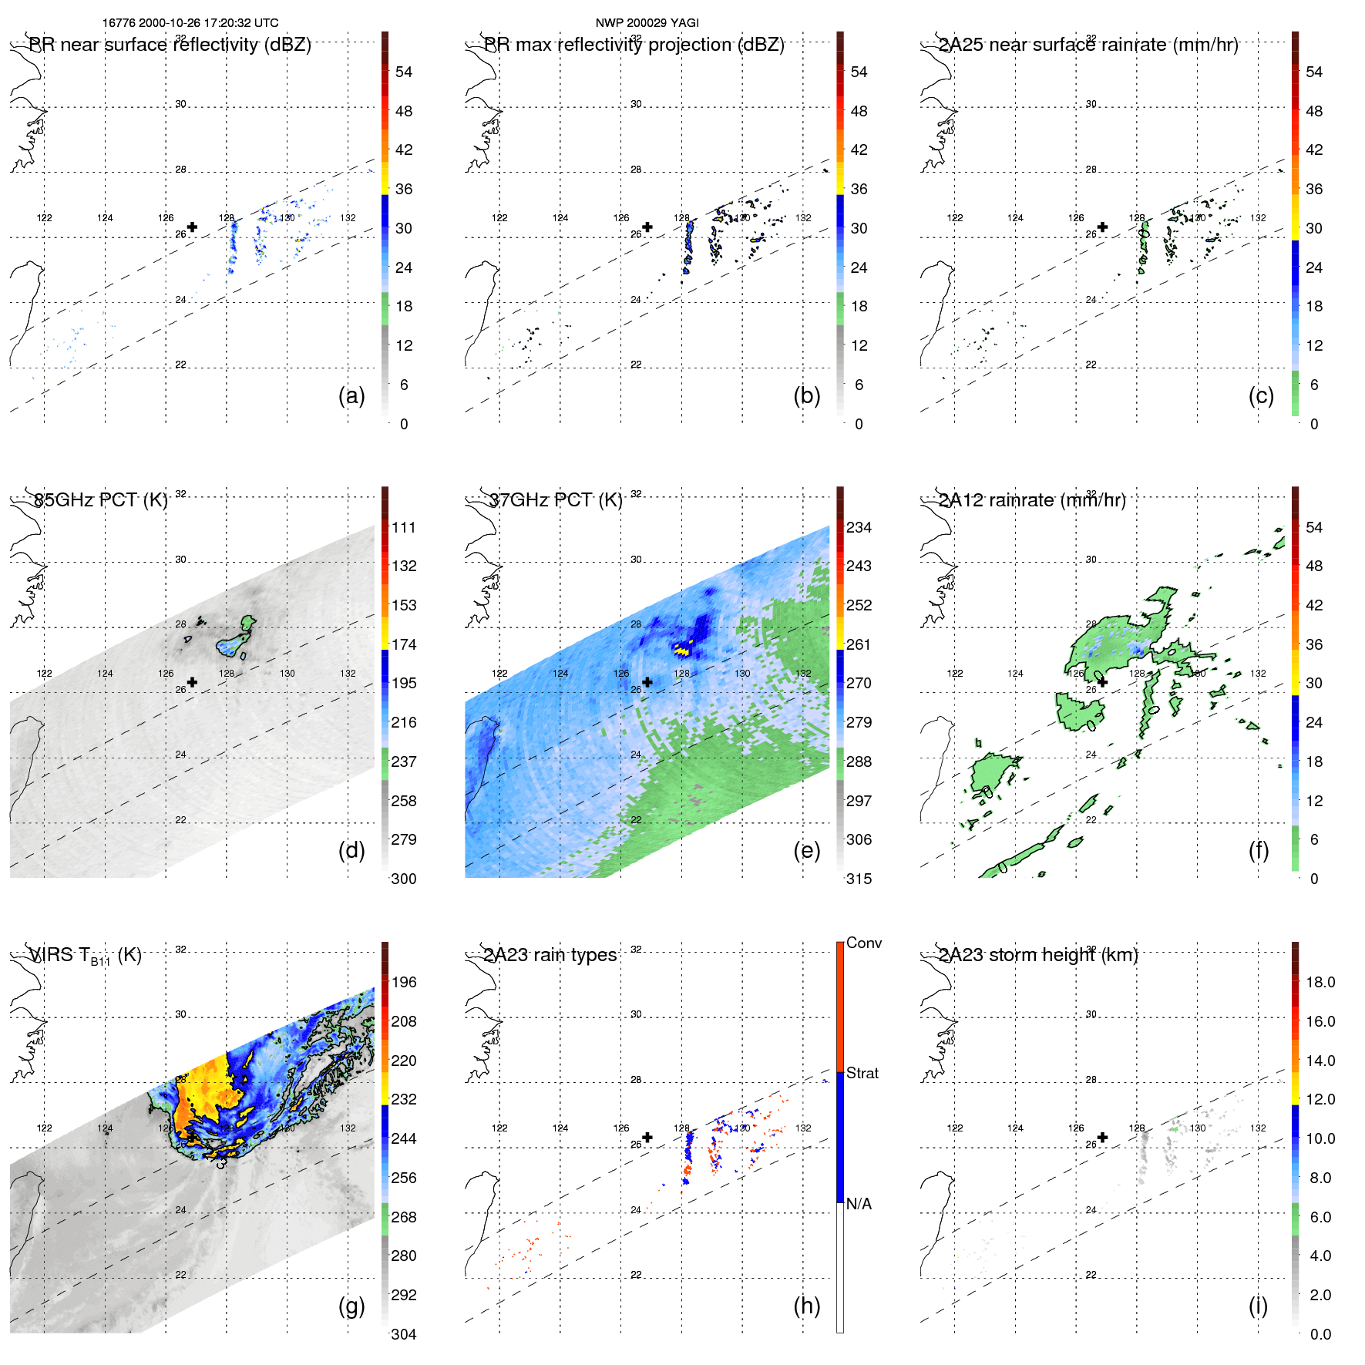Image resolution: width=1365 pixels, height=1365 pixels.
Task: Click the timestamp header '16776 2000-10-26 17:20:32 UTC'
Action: click(190, 23)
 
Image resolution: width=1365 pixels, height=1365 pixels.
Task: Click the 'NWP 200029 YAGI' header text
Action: click(647, 23)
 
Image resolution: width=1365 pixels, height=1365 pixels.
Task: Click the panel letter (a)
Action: click(351, 395)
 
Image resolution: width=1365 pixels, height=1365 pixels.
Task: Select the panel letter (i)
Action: click(1258, 1306)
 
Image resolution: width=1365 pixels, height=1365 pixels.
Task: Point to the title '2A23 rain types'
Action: click(550, 955)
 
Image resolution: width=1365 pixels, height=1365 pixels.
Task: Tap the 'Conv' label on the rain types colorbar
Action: click(863, 943)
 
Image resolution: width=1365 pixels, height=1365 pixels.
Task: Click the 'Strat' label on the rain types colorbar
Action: click(862, 1073)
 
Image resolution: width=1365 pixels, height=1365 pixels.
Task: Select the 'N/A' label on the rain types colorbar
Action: click(859, 1204)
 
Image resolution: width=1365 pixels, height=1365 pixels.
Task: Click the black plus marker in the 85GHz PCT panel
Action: click(192, 682)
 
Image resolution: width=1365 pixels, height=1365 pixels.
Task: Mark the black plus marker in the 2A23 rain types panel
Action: click(647, 1137)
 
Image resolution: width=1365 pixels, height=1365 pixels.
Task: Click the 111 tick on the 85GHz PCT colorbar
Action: click(404, 528)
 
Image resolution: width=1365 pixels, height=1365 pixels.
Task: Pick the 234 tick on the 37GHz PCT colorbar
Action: click(859, 528)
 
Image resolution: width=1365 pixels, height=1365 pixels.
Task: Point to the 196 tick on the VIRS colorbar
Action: click(404, 983)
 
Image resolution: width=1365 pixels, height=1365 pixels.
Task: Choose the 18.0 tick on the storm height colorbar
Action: click(1320, 983)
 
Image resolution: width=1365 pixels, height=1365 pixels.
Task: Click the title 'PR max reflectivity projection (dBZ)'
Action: click(634, 45)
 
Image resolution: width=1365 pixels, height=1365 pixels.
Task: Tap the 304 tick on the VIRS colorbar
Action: click(404, 1334)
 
